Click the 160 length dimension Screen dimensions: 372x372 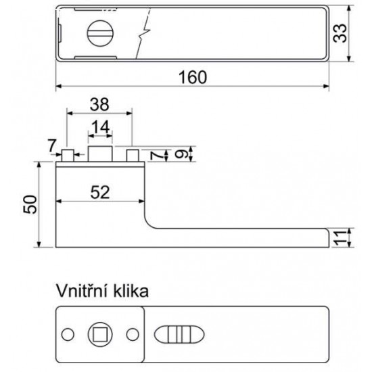coord(192,77)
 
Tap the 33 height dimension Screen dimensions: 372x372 coord(340,33)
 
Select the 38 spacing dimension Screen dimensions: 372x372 coord(99,104)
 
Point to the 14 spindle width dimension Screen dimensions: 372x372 coord(101,126)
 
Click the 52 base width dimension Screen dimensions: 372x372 coord(100,192)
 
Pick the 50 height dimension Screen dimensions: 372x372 coord(30,204)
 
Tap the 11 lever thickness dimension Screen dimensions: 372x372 coord(340,237)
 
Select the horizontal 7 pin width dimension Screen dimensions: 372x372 coord(51,146)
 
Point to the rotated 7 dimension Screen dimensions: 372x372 coord(156,156)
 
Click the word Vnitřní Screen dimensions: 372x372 coord(83,291)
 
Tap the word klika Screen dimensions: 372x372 coord(131,291)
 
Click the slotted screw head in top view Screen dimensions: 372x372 coord(100,33)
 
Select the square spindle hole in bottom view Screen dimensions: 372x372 coord(100,334)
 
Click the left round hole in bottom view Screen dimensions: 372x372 coord(68,334)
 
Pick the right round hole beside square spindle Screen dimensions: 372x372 coord(133,334)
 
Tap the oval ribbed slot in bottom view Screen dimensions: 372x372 coord(179,334)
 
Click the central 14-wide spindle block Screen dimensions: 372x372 coord(100,154)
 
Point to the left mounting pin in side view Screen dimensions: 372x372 coord(68,156)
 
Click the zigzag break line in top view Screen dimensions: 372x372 coord(143,33)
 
